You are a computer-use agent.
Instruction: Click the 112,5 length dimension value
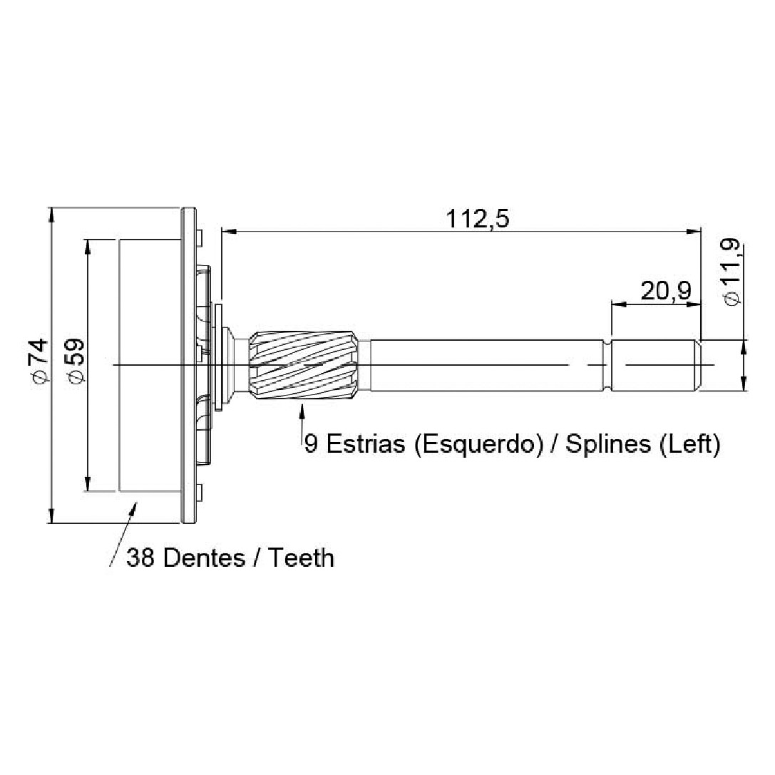click(x=477, y=219)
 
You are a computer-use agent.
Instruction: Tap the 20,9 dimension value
click(x=666, y=291)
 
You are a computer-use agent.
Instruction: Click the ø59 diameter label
click(x=76, y=360)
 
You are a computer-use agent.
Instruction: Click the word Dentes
click(x=204, y=558)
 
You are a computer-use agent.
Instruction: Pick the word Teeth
click(x=301, y=558)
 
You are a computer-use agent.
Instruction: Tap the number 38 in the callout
click(x=141, y=558)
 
